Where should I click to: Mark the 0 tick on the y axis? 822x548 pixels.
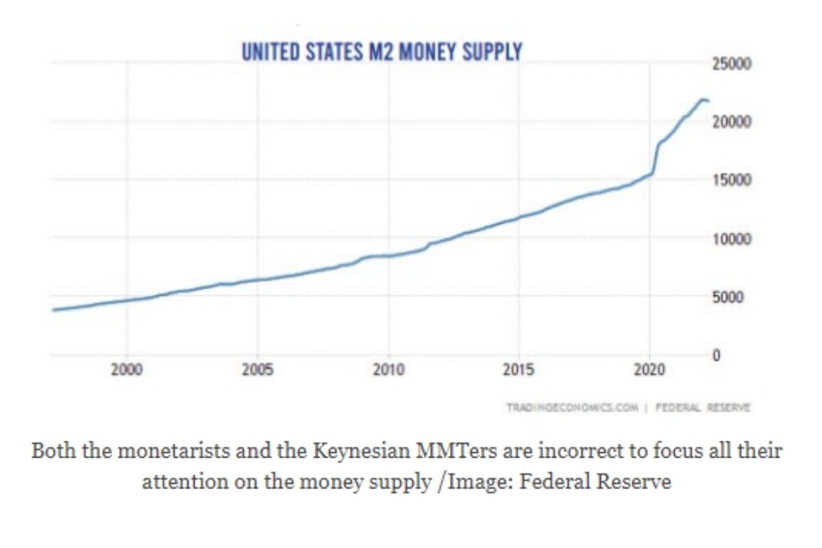716,356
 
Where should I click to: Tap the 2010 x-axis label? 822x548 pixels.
388,371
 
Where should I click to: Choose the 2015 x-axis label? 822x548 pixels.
519,371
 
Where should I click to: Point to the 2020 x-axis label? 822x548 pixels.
649,371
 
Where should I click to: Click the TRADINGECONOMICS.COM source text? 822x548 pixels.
572,408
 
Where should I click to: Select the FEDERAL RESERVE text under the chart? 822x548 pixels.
703,408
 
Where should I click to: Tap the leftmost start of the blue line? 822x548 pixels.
54,310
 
